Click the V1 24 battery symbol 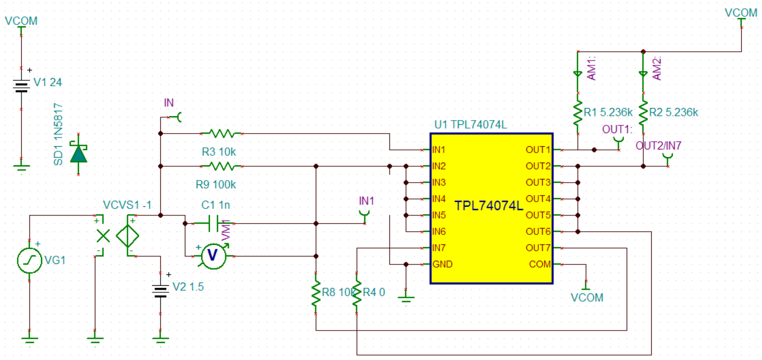point(21,86)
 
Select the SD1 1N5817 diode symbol point(79,154)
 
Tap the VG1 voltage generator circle point(29,261)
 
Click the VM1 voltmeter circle point(214,256)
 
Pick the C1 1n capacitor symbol point(213,224)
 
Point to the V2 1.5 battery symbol point(160,291)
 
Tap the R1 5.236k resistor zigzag point(578,113)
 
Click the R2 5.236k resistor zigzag point(643,113)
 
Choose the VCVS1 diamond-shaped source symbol point(128,236)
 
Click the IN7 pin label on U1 point(439,248)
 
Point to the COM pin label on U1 point(539,265)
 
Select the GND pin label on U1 point(442,265)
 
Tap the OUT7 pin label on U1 point(538,248)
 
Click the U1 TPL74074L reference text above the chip point(471,124)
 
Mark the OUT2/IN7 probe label point(658,146)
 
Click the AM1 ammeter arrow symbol point(578,74)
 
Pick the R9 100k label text point(215,185)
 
